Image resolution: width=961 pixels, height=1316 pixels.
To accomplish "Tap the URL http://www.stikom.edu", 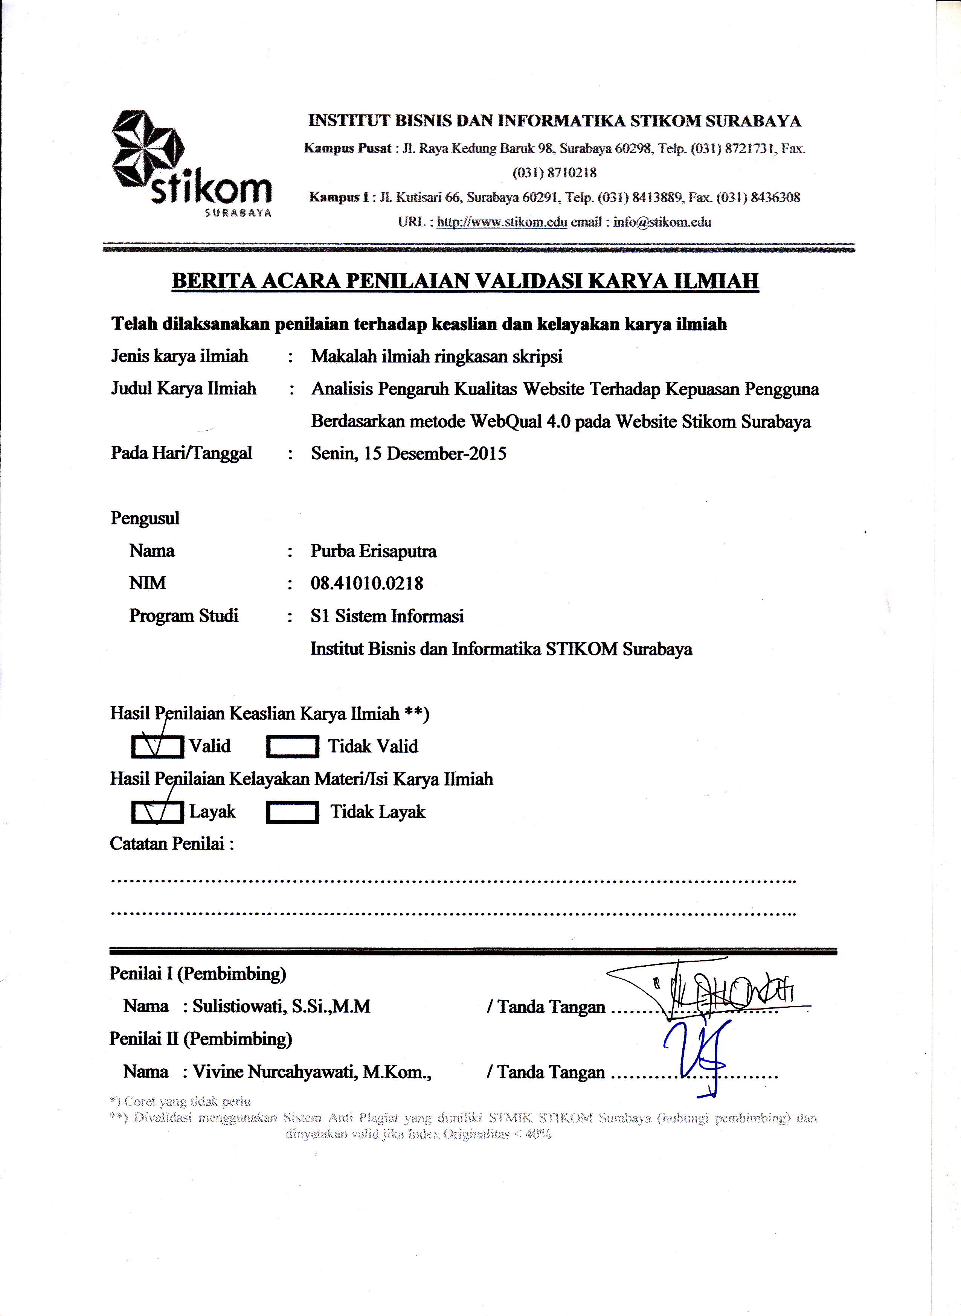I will click(x=502, y=222).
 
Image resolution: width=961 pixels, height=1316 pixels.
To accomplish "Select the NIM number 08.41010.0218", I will click(x=366, y=583).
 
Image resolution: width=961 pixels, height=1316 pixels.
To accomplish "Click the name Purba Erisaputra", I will click(x=373, y=551).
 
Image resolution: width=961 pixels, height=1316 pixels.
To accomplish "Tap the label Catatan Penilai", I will click(x=172, y=844).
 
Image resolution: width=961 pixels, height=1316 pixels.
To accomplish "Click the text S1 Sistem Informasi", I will click(x=387, y=616).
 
